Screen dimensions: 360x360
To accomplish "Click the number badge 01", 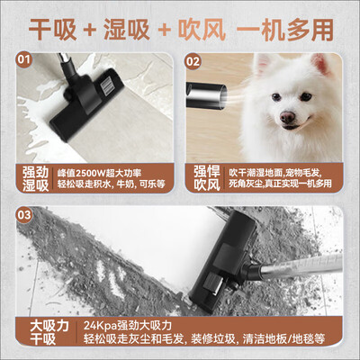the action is coord(24,59).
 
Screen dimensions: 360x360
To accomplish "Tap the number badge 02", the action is coord(193,61).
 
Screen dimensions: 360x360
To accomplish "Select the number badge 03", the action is coord(24,215).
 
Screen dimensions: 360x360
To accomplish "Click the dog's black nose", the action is coord(287,117).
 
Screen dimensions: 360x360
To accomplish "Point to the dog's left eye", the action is coord(306,96).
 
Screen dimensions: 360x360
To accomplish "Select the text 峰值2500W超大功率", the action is coord(99,173).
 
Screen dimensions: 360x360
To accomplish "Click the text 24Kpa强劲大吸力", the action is coord(128,326).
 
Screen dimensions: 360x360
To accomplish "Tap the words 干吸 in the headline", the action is coord(52,30).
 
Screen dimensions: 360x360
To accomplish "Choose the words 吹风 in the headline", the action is coord(202,30).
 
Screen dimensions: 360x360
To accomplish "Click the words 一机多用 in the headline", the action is coord(285,30).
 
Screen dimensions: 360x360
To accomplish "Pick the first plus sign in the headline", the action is coord(90,31).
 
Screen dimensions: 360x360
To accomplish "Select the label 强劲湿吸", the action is coord(35,179).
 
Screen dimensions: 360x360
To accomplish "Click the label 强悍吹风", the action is coord(207,178).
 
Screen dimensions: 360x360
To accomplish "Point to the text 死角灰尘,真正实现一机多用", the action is coord(280,184).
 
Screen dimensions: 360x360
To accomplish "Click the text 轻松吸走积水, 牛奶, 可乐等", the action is coord(112,184).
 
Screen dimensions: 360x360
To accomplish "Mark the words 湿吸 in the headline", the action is coord(127,30).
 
